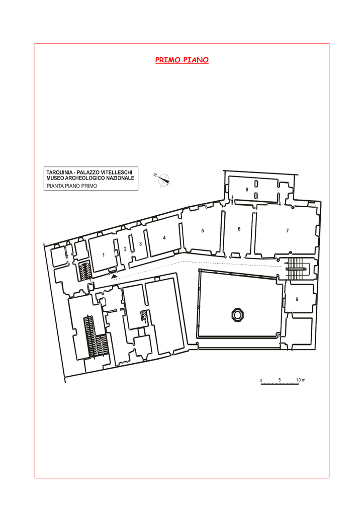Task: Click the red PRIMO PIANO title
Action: coord(182,60)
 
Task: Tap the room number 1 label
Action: coord(104,255)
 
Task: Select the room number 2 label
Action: coord(125,249)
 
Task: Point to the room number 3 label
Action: coord(140,244)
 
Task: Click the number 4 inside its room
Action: coord(164,238)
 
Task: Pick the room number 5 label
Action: coord(203,230)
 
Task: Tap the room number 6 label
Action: coord(239,229)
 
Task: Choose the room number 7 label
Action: coord(288,230)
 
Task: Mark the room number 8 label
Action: coord(247,190)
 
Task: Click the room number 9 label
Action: coord(297,299)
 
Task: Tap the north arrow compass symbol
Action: coord(163,180)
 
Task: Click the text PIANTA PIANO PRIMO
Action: coord(72,186)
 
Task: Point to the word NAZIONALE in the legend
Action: coord(122,178)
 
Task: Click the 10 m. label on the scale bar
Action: coord(301,380)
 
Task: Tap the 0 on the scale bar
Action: coord(261,381)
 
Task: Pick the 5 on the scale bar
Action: coord(280,380)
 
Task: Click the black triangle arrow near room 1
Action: coord(114,277)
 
